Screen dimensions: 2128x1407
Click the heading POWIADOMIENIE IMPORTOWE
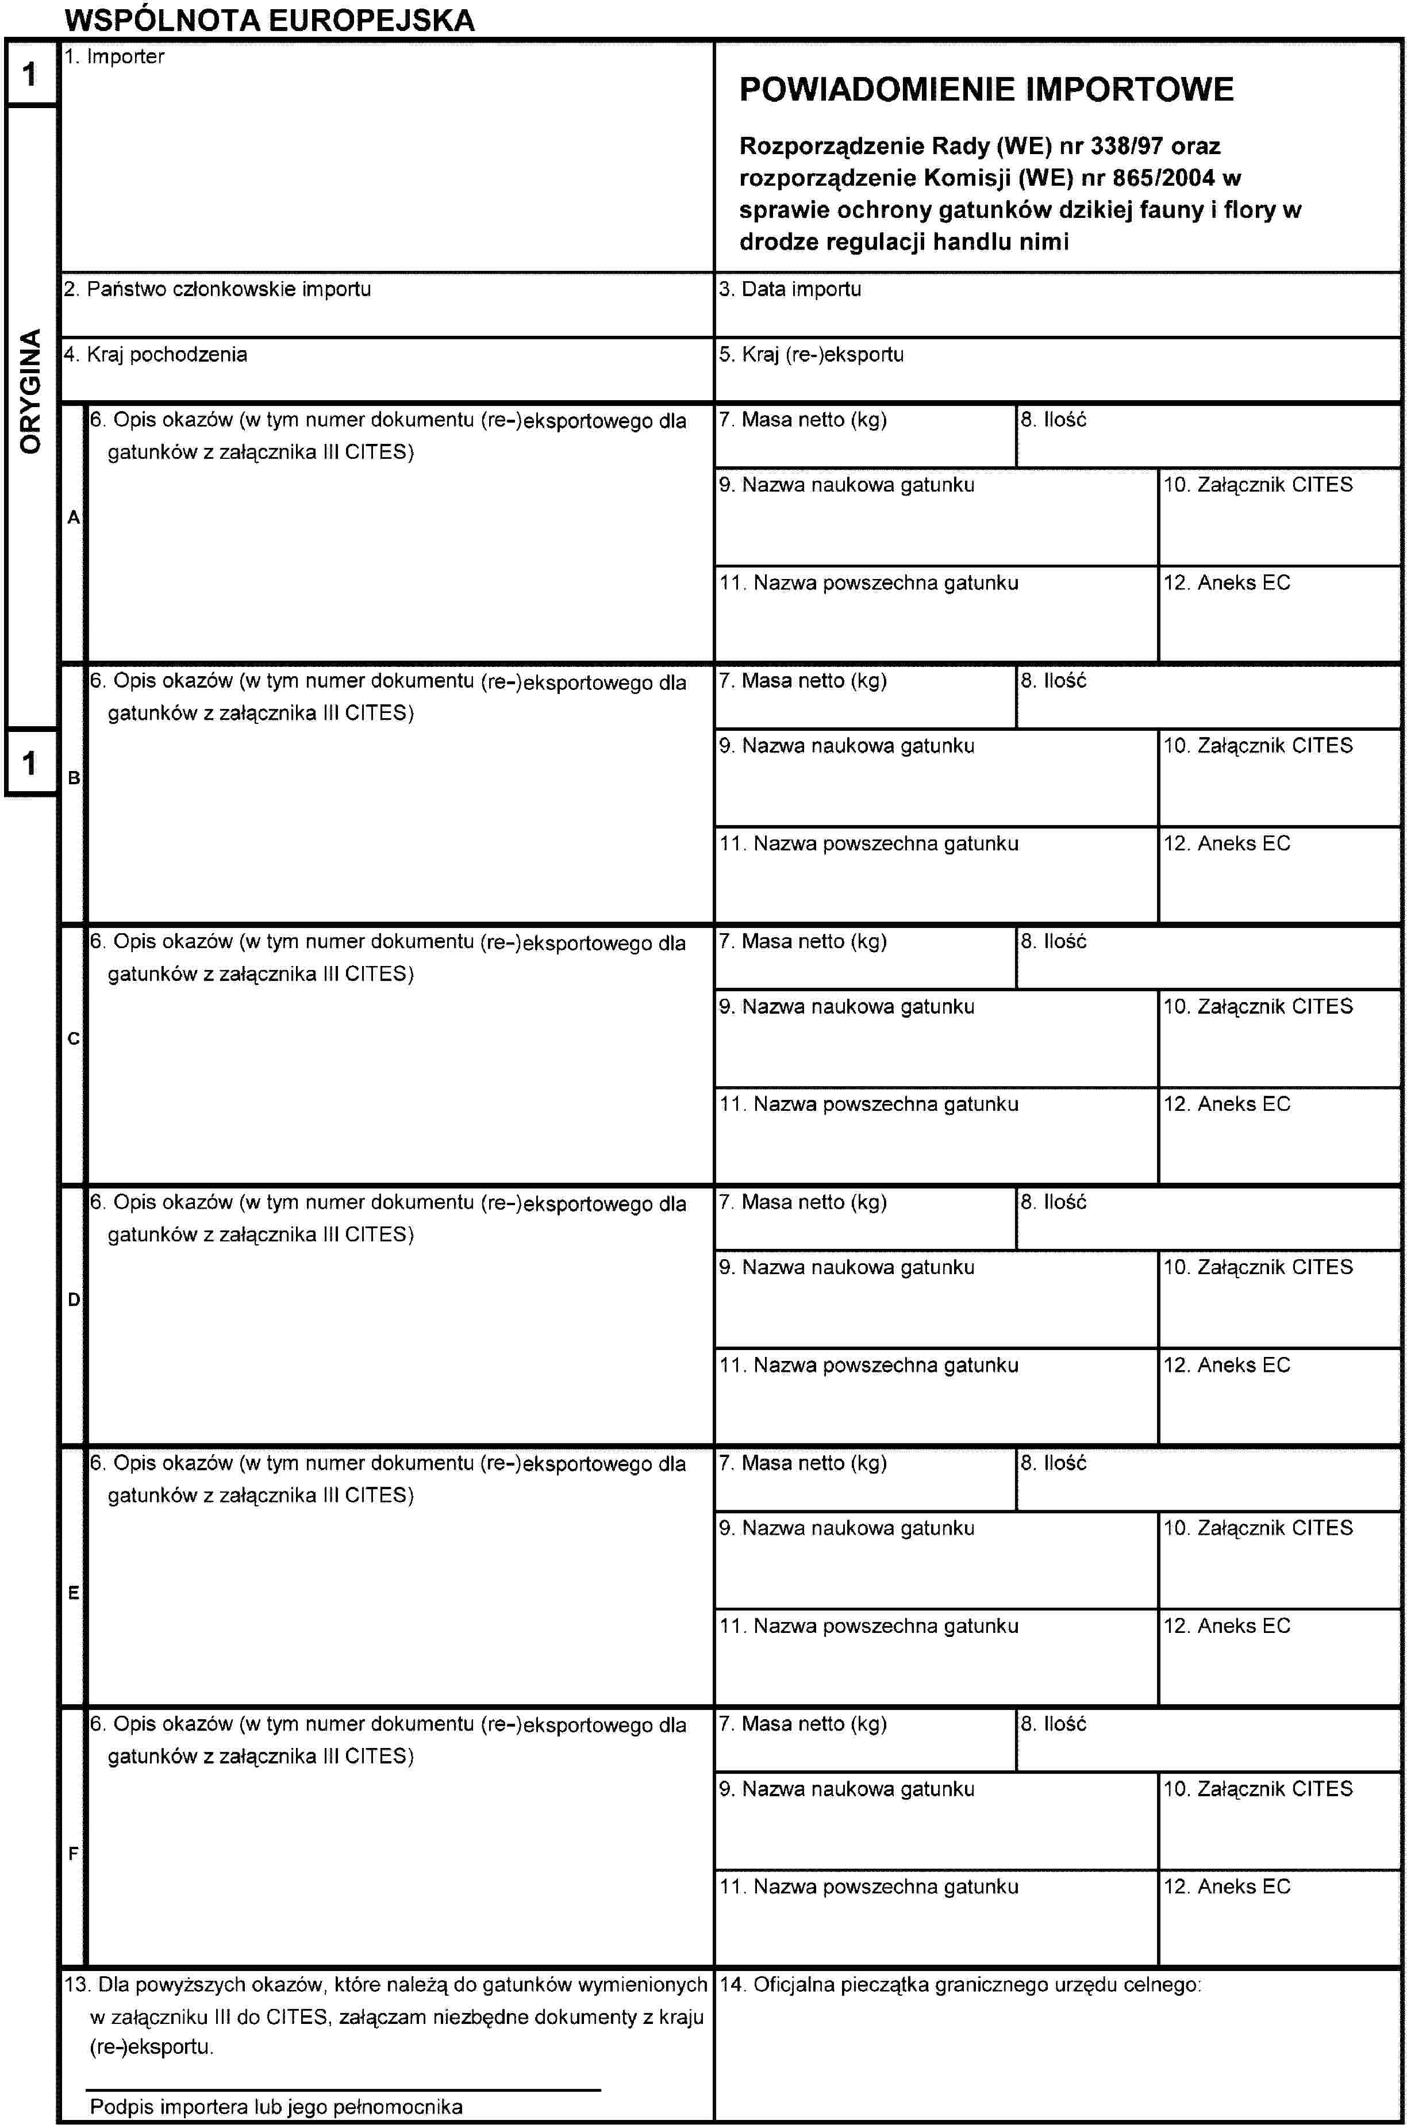(x=986, y=90)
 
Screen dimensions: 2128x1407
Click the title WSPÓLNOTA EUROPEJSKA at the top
(x=269, y=20)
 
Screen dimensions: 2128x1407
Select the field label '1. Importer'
(x=114, y=56)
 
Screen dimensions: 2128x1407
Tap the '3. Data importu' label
(x=790, y=289)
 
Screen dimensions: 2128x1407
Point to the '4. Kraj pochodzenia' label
(x=155, y=355)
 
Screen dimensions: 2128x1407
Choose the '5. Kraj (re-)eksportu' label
(x=811, y=355)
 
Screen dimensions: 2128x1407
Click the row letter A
(x=74, y=518)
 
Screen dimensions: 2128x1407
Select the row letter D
(x=74, y=1299)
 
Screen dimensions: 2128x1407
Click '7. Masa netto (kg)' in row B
(x=802, y=681)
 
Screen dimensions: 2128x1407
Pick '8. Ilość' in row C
(x=1052, y=941)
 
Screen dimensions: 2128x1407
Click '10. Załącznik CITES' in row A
(x=1257, y=485)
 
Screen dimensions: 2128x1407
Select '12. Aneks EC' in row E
(x=1227, y=1626)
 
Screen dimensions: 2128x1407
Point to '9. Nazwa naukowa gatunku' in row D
(x=846, y=1267)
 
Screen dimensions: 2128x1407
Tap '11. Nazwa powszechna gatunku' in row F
(x=868, y=1887)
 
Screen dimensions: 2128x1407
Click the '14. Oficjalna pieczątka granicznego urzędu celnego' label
(x=960, y=1984)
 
